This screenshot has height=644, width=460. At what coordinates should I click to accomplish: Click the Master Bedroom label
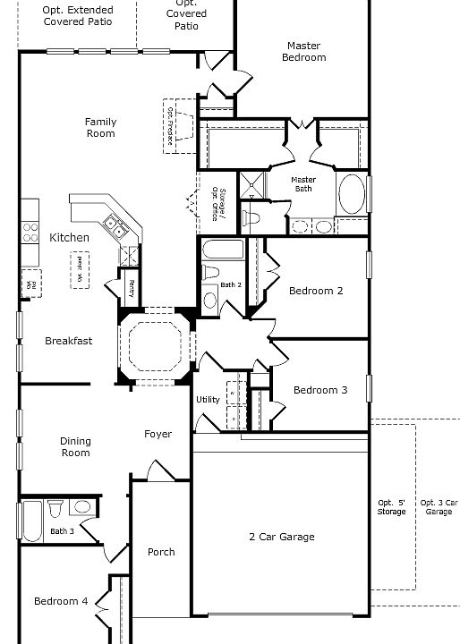click(x=303, y=52)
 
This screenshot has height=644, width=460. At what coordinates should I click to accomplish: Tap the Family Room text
click(x=100, y=128)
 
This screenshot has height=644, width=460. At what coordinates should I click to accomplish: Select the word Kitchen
click(x=69, y=237)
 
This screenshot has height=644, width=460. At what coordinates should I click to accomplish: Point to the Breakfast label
click(x=69, y=341)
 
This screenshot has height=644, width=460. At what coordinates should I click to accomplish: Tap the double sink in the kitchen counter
click(x=114, y=225)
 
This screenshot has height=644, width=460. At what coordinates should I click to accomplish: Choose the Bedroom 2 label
click(x=316, y=291)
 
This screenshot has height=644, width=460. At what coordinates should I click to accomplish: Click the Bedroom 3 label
click(x=320, y=390)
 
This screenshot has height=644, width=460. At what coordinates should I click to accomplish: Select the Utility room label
click(x=208, y=400)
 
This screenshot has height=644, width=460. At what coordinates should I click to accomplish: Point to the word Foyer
click(x=158, y=435)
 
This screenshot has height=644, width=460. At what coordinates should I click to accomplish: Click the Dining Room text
click(x=75, y=447)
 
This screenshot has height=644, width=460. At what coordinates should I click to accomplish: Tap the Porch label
click(x=161, y=553)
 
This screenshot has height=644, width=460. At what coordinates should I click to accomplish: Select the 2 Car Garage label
click(x=281, y=537)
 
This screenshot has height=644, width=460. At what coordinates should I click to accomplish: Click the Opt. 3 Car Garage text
click(x=439, y=507)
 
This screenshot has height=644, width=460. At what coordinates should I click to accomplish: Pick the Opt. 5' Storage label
click(x=391, y=507)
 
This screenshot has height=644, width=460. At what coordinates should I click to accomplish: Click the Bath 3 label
click(x=62, y=531)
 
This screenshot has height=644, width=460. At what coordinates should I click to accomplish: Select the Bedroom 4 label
click(x=61, y=602)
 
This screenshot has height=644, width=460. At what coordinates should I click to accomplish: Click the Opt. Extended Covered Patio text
click(x=77, y=15)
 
